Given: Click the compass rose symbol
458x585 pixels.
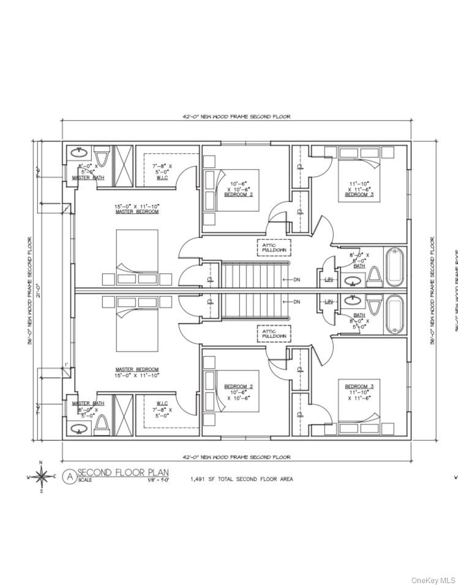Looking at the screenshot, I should (41, 476).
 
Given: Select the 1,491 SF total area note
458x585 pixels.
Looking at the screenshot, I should (241, 479).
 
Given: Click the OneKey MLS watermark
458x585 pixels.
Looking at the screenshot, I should (434, 579).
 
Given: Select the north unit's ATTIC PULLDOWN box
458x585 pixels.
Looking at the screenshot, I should (273, 247).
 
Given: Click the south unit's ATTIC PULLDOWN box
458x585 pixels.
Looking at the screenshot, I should (273, 334).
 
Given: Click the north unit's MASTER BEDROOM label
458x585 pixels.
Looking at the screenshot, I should (137, 211).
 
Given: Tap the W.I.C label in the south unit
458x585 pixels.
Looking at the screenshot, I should (162, 403).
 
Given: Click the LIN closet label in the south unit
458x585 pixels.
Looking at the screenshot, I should (329, 301).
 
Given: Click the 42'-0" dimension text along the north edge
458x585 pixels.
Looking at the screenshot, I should (236, 116).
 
